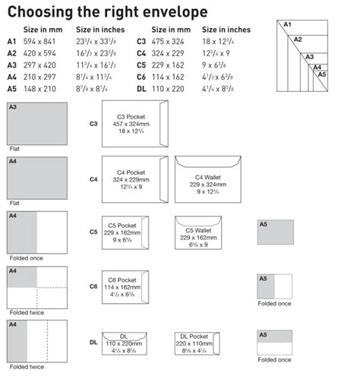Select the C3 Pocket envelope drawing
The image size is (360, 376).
coord(134,124)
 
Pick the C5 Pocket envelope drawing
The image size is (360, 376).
coord(125,232)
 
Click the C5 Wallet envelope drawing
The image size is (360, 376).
coord(195,232)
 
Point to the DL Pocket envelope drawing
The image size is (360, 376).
coord(196,343)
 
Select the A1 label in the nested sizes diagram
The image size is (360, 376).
coord(288,25)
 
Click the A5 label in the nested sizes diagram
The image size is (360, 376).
coord(321,74)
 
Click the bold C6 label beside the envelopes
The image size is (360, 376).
coord(93,286)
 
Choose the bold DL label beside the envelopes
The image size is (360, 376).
coord(93,343)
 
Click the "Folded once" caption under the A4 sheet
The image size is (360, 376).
coord(26,258)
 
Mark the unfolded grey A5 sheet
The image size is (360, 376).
coord(275,232)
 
